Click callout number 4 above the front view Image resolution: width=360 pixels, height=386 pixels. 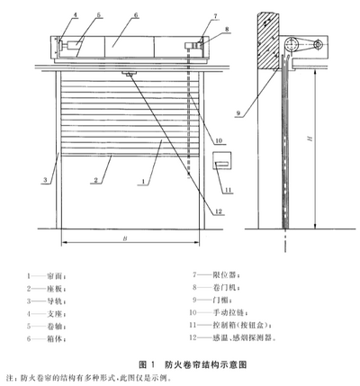(x=76, y=15)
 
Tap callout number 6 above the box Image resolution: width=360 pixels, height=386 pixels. (x=136, y=15)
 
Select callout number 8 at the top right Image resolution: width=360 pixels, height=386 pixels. (x=227, y=29)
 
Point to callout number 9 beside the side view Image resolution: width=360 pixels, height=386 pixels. (x=238, y=113)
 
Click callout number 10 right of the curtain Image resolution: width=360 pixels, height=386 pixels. (x=219, y=140)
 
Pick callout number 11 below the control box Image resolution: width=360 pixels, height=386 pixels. (x=229, y=190)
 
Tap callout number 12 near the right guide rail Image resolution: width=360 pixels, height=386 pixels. (x=219, y=211)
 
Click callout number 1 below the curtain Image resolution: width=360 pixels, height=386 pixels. (x=143, y=182)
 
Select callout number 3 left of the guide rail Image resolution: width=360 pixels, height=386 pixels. (x=45, y=180)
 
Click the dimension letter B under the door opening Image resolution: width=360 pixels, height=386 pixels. (x=125, y=238)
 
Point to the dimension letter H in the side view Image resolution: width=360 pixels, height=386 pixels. (x=310, y=139)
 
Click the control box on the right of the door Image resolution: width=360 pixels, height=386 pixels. (x=222, y=160)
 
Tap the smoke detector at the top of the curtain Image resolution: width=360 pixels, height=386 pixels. (x=129, y=74)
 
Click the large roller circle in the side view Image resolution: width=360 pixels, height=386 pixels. (x=291, y=44)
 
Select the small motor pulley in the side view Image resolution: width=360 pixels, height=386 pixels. (x=317, y=45)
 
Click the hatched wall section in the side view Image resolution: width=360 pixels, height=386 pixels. (x=269, y=40)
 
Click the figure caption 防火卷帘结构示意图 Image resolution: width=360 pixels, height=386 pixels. (x=206, y=364)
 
